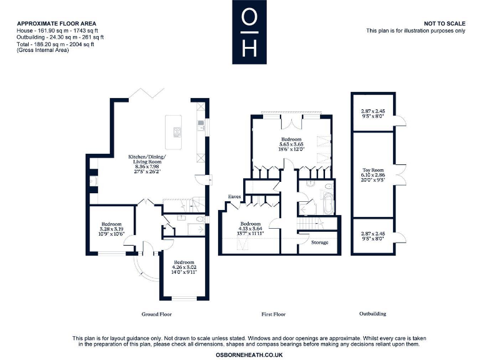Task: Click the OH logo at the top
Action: (x=249, y=32)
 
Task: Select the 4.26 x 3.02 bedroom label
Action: (x=184, y=267)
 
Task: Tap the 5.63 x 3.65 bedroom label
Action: (x=291, y=144)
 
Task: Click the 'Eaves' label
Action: (x=234, y=196)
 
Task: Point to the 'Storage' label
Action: (x=319, y=242)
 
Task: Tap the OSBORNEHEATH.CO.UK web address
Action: (x=249, y=354)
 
